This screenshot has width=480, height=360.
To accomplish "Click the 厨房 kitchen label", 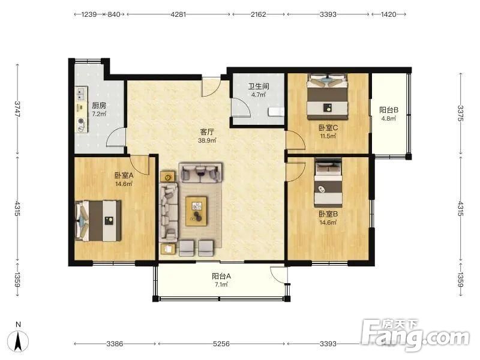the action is click(99, 106).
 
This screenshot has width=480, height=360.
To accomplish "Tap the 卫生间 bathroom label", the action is click(259, 86).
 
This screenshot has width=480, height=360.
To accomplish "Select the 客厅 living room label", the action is click(207, 132).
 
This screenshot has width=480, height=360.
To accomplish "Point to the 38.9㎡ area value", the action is click(207, 140).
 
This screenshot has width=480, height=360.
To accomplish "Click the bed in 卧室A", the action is click(98, 220).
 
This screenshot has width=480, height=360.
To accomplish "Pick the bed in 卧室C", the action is click(328, 97).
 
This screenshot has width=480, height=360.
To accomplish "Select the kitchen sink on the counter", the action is click(81, 93).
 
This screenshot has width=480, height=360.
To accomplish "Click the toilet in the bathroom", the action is click(276, 112).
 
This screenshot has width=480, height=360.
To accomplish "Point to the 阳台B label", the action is click(389, 110).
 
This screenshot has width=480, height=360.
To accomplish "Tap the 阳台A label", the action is click(221, 276).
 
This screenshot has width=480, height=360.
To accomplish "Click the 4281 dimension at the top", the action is click(178, 14).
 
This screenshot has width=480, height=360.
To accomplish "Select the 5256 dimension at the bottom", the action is click(221, 344).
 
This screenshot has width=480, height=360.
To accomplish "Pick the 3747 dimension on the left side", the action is click(18, 109).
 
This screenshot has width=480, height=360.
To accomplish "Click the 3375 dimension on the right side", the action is click(461, 113).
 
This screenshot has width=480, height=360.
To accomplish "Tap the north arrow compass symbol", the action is click(19, 339).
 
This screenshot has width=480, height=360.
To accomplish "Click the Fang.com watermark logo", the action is click(415, 335).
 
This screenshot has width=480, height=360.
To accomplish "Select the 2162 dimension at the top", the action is click(259, 14).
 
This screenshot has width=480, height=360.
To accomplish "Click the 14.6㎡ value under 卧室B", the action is click(328, 223).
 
